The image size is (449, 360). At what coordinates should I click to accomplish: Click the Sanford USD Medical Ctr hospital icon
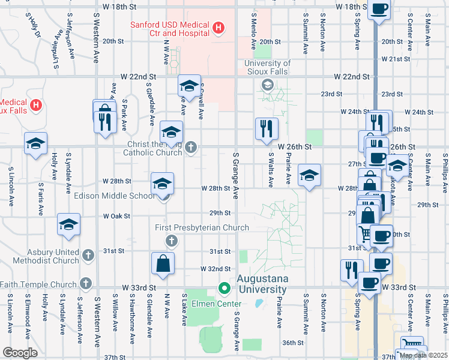[218, 28]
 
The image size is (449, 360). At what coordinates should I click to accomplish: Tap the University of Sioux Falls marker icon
[267, 85]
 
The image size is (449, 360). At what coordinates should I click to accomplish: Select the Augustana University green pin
[225, 289]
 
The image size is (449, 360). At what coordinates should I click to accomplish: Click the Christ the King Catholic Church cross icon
[191, 147]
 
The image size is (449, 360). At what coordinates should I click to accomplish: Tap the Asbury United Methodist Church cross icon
[88, 255]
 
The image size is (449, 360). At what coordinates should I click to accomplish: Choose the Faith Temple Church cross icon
[86, 283]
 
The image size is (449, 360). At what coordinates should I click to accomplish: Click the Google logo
[20, 353]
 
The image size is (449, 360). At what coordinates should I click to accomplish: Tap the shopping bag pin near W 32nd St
[163, 263]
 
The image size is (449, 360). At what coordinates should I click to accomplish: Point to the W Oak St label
[116, 215]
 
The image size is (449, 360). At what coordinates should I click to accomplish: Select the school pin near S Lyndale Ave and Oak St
[68, 224]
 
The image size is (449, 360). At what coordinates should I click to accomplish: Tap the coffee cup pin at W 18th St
[379, 9]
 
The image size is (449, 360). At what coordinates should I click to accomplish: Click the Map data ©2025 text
[423, 355]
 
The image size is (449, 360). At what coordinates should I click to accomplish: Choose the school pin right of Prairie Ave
[309, 175]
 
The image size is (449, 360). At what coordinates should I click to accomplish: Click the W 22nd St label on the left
[138, 77]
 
